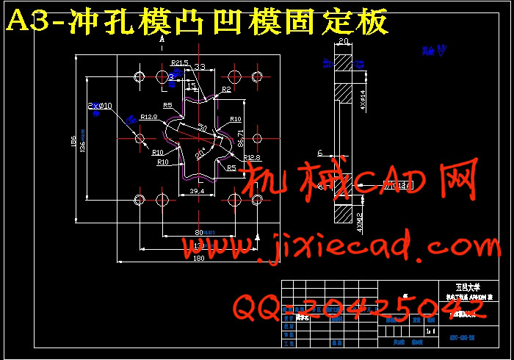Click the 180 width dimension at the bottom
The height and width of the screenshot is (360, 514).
tap(198, 259)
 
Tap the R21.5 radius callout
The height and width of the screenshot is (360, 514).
tap(179, 63)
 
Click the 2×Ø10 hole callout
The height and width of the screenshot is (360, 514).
tap(101, 106)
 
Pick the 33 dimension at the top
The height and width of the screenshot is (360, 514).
tap(199, 67)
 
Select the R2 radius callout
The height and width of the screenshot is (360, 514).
tap(226, 90)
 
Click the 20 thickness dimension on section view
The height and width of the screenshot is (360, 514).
tap(344, 43)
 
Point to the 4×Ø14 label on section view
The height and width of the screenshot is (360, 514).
tap(363, 98)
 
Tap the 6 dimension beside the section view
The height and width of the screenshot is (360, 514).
tap(320, 153)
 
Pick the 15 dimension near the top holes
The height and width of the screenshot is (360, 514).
tap(191, 87)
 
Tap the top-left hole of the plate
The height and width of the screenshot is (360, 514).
tap(139, 76)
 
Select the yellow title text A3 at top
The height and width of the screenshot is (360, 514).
tap(30, 23)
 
